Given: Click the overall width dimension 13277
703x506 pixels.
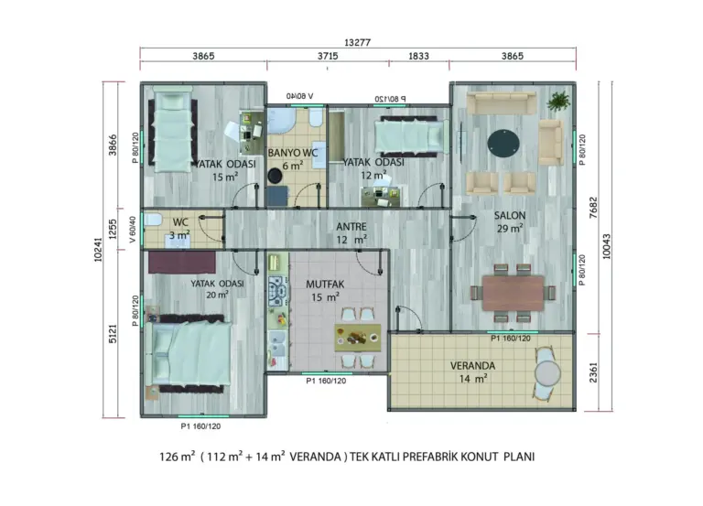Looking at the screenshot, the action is (x=357, y=43).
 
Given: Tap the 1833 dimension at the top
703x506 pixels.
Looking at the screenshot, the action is (x=418, y=56).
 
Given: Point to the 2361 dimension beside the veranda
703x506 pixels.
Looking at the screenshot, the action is (x=593, y=372).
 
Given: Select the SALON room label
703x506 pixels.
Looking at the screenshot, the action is (x=510, y=216).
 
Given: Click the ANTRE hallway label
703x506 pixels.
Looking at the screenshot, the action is (x=351, y=227).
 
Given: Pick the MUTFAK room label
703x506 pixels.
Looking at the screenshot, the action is (x=325, y=285).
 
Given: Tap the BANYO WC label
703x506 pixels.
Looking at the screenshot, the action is (x=293, y=153).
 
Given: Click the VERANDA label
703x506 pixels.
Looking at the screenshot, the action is (x=472, y=366).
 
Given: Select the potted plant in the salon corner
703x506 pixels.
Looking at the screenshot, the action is (x=558, y=101).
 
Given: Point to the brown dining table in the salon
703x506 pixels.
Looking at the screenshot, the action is (x=513, y=293).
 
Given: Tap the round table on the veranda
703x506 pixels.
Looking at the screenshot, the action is (x=547, y=373).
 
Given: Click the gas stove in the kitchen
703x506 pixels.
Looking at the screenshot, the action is (x=277, y=291).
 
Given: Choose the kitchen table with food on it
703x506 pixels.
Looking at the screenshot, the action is (x=358, y=338).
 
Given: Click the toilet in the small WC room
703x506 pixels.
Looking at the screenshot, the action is (x=153, y=220).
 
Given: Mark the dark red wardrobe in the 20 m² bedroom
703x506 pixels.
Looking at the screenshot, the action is (x=182, y=263).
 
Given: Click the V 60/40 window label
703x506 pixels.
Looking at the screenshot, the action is (x=132, y=230).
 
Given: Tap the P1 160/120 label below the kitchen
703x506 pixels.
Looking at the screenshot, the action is (x=326, y=381).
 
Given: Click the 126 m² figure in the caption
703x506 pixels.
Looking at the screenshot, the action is (x=177, y=457).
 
